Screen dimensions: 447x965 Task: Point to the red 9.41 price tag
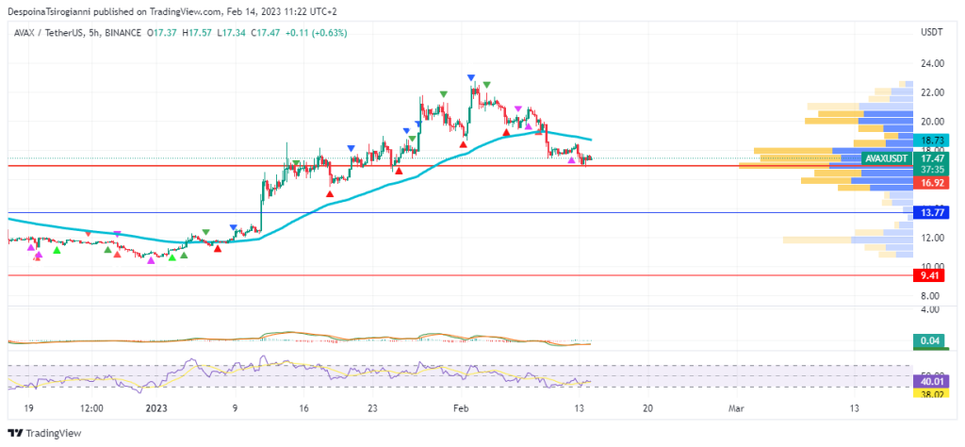(x=931, y=276)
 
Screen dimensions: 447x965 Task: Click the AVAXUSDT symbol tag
(x=886, y=158)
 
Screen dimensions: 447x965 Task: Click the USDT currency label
(x=931, y=33)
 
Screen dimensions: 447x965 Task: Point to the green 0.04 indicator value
(x=930, y=340)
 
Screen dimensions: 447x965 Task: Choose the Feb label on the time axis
(x=460, y=408)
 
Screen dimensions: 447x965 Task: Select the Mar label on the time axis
(x=736, y=408)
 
